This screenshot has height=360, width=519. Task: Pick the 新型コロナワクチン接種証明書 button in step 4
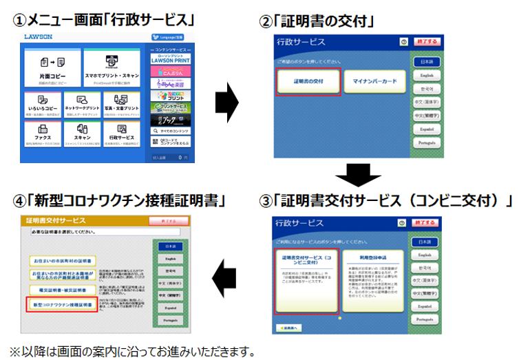click(61, 303)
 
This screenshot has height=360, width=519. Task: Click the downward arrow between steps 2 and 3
click(352, 176)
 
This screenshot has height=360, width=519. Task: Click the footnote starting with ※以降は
click(131, 350)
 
